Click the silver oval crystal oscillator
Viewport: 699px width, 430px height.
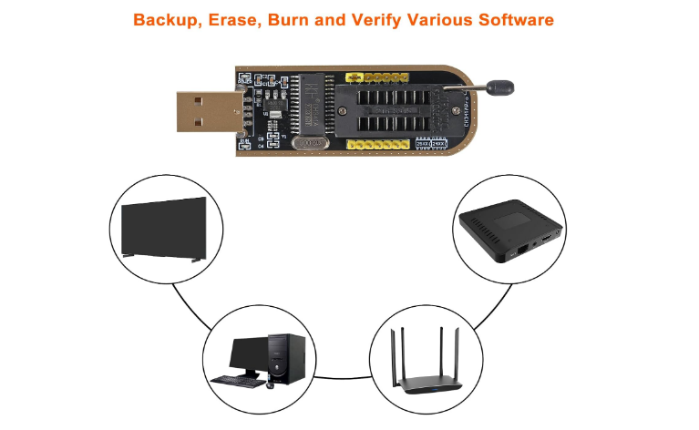coord(313,142)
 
